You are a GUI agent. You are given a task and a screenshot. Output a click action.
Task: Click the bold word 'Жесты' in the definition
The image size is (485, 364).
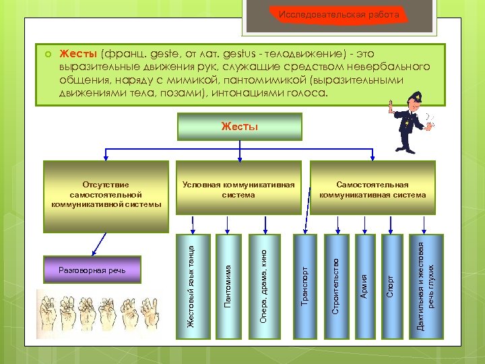click(79, 53)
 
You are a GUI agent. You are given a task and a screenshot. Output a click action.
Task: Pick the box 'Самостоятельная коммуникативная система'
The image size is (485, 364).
click(373, 189)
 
